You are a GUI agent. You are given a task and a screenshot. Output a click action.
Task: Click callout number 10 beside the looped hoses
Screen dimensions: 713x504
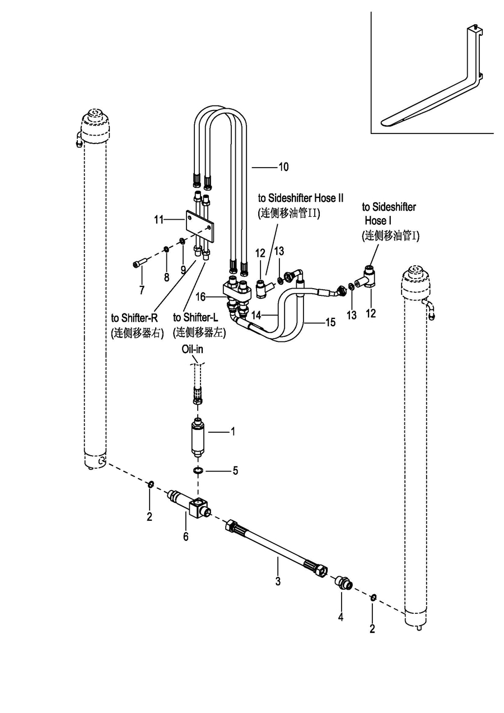click(x=283, y=166)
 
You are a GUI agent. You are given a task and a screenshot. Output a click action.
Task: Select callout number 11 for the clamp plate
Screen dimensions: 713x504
click(x=158, y=220)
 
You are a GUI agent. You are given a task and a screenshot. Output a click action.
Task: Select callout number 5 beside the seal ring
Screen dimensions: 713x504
click(x=235, y=471)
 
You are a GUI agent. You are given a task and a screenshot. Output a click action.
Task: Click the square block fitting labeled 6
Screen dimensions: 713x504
click(x=197, y=508)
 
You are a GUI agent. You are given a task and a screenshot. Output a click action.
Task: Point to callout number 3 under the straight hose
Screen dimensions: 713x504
click(x=278, y=581)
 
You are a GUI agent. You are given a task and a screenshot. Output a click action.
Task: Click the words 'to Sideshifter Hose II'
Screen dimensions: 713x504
click(x=300, y=198)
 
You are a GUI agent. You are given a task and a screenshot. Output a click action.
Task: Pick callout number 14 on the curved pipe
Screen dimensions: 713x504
click(x=256, y=316)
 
